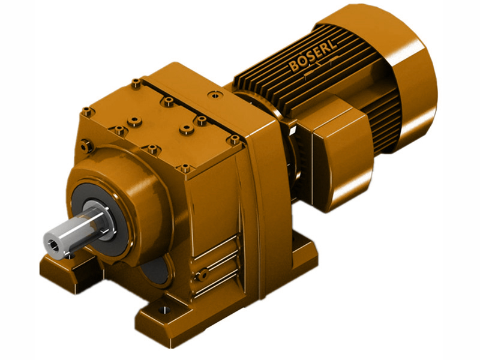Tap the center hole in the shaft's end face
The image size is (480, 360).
(55, 244)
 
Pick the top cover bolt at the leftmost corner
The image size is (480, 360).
(88, 111)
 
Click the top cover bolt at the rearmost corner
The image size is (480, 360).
(136, 82)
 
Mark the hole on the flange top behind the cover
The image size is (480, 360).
(214, 94)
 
